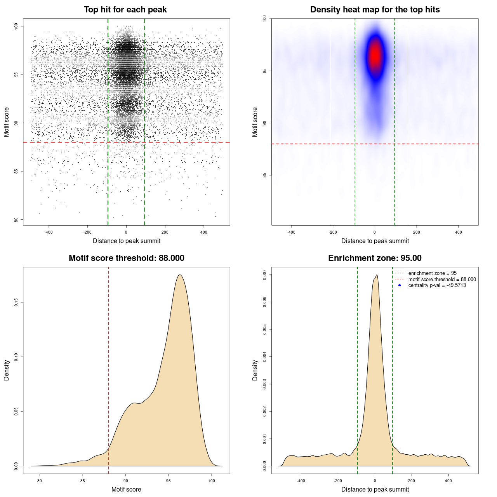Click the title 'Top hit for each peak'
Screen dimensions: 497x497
[125, 10]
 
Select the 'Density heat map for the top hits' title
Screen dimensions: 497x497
[375, 10]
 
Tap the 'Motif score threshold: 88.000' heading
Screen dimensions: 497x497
[126, 258]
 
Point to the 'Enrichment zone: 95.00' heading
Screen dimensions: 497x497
[375, 258]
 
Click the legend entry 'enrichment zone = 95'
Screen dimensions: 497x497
[432, 273]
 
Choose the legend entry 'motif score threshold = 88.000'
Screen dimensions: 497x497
[442, 279]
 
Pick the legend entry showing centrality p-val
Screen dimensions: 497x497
[437, 285]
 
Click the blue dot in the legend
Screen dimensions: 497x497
[400, 285]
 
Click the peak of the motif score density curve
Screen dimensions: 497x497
[180, 275]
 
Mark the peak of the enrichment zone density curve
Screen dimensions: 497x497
[377, 275]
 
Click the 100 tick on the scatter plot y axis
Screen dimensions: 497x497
[16, 26]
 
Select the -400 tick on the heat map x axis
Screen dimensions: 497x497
[291, 232]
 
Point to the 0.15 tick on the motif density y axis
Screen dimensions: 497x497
[16, 302]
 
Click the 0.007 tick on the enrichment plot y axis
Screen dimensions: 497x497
[265, 275]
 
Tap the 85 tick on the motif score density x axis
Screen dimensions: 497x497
[82, 481]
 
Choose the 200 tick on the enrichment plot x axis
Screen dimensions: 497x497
[412, 481]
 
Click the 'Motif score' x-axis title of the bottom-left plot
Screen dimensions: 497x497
[126, 489]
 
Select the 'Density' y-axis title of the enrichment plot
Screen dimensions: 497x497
[255, 370]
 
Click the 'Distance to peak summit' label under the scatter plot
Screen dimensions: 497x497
[127, 241]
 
